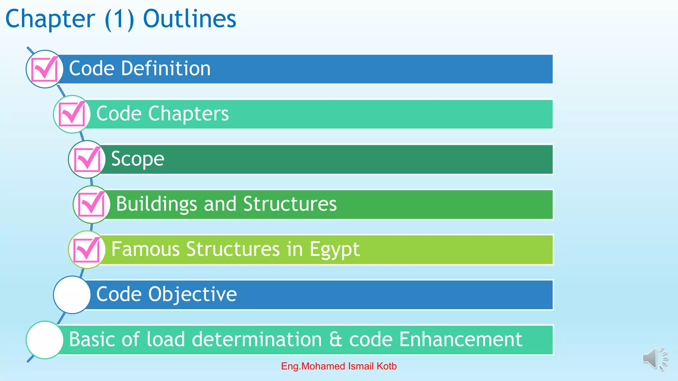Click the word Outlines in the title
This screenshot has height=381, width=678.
click(189, 19)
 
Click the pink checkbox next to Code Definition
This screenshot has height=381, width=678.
click(45, 69)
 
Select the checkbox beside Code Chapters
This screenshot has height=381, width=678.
click(72, 114)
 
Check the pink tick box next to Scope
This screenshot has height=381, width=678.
click(87, 159)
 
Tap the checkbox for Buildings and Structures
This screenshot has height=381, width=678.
click(92, 204)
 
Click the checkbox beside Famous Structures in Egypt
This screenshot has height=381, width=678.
click(87, 249)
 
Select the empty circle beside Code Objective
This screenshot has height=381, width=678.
click(72, 295)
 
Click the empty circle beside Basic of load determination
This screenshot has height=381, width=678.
click(45, 340)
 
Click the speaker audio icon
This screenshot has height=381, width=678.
click(654, 359)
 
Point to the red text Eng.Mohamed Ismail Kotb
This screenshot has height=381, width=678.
click(339, 366)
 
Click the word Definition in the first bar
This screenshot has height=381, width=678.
click(166, 68)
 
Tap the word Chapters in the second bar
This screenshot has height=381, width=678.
click(188, 114)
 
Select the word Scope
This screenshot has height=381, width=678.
click(137, 159)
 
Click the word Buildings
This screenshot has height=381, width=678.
click(156, 204)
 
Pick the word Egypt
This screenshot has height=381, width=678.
click(334, 249)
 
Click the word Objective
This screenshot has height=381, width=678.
click(192, 294)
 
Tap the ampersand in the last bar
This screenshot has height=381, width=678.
click(335, 340)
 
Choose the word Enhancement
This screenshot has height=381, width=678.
click(460, 340)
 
